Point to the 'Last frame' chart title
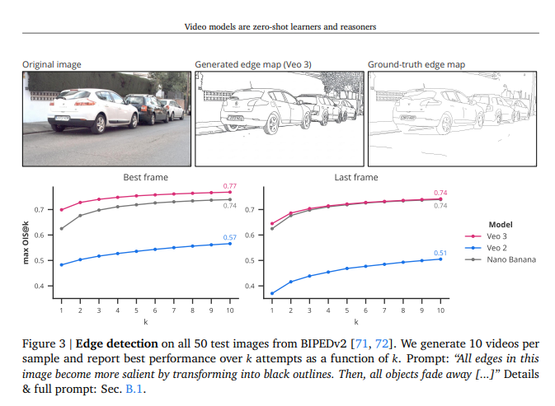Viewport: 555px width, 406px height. [355, 177]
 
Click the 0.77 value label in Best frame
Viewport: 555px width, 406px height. [230, 187]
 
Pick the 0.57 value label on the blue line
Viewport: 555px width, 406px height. [231, 237]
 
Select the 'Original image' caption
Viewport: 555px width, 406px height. [51, 63]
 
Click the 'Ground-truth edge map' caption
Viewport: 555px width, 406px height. [416, 63]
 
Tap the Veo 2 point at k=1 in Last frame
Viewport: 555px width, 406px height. [272, 293]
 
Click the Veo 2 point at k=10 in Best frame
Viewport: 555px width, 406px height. [230, 244]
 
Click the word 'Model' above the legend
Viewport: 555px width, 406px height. [501, 223]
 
